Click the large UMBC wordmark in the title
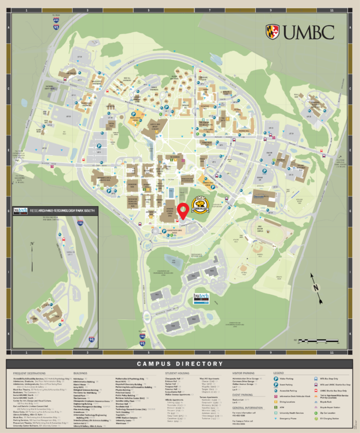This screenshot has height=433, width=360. pos(309,32)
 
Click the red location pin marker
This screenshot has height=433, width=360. pos(182,210)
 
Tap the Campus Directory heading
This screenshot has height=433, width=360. pos(180,364)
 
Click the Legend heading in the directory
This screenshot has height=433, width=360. pos(279,373)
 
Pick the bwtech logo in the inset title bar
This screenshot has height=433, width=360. pos(20,210)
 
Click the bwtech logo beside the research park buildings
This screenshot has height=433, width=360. pos(202,297)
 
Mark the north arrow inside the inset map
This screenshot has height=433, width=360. pos(32,246)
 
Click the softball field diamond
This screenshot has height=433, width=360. pos(257,248)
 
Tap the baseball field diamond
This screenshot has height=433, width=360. pos(244,268)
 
